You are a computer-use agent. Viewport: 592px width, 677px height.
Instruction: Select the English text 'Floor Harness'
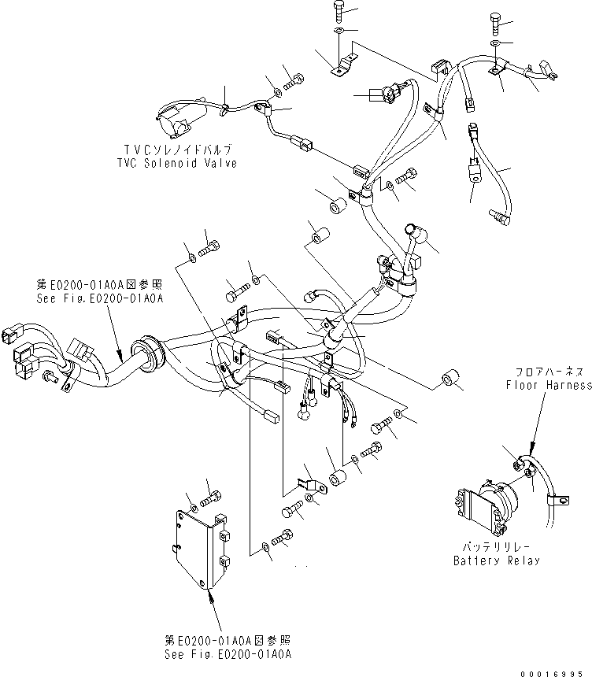point(549,385)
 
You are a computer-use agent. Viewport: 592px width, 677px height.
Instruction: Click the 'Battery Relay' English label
point(496,560)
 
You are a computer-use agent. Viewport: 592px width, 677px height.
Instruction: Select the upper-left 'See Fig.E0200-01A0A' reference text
point(99,299)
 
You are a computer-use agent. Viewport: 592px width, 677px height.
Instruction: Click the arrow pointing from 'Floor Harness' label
point(535,425)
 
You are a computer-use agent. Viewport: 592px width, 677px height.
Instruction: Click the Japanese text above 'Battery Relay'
point(496,546)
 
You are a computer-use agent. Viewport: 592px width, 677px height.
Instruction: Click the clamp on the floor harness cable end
point(561,498)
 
